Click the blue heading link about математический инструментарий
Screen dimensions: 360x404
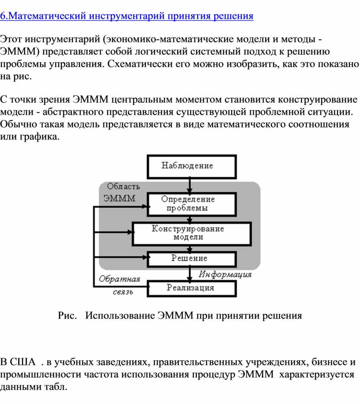[127, 16]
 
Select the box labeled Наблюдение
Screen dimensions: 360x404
[192, 167]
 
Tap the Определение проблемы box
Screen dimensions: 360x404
[192, 204]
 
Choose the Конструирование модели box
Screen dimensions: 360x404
[192, 234]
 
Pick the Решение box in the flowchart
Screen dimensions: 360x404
[192, 259]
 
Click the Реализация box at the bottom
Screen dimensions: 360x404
[192, 288]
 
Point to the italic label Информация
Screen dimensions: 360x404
[225, 275]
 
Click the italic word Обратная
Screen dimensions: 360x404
[119, 279]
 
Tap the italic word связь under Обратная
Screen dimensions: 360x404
[123, 292]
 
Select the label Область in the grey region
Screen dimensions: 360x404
[124, 186]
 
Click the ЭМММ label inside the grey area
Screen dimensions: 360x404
[119, 198]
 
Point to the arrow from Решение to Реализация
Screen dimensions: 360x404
[190, 274]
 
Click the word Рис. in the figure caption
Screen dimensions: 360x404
[67, 316]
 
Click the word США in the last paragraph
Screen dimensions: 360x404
[22, 362]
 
